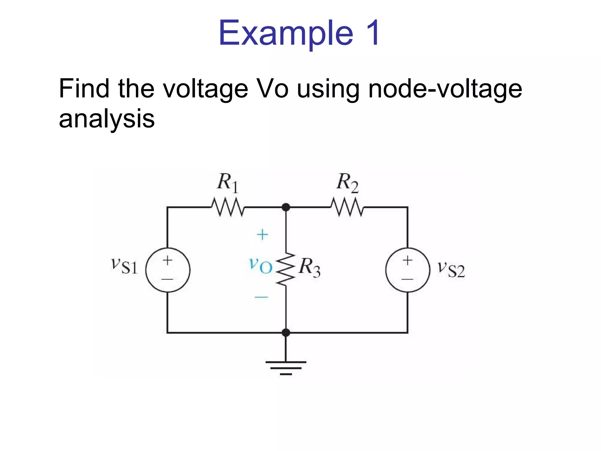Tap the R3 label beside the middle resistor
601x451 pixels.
pyautogui.click(x=309, y=267)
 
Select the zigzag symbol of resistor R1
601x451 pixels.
pyautogui.click(x=228, y=207)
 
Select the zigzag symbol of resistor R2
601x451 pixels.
pyautogui.click(x=347, y=207)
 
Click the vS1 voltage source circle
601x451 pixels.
pyautogui.click(x=168, y=270)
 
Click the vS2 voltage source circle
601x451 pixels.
pyautogui.click(x=408, y=270)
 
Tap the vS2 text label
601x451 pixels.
pyautogui.click(x=451, y=269)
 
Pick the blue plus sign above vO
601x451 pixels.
pyautogui.click(x=262, y=235)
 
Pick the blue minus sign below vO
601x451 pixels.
pyautogui.click(x=261, y=297)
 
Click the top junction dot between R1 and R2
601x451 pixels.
pyautogui.click(x=286, y=207)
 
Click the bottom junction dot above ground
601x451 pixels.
pyautogui.click(x=286, y=333)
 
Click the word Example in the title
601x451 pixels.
pyautogui.click(x=286, y=33)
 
